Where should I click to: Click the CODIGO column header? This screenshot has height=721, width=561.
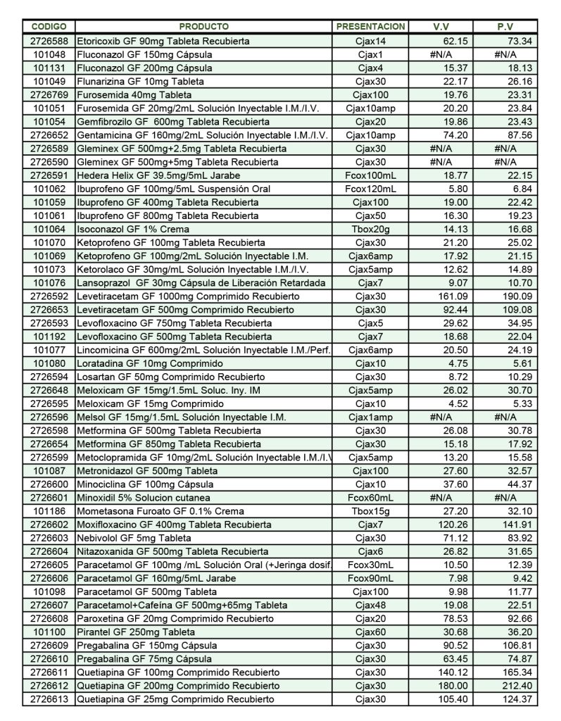[49, 27]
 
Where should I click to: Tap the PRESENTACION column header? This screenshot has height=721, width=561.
[370, 27]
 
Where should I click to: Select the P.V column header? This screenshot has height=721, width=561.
[505, 27]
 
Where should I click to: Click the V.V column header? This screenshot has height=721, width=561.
[441, 27]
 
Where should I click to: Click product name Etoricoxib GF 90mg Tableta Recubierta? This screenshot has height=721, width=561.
[163, 41]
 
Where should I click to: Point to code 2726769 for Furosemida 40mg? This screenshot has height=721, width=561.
[49, 94]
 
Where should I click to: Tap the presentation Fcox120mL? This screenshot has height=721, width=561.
[370, 189]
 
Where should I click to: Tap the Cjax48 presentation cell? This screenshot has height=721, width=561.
[370, 605]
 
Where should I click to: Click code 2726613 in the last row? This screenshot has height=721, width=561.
[49, 699]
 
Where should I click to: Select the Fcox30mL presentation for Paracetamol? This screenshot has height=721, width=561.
[370, 565]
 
